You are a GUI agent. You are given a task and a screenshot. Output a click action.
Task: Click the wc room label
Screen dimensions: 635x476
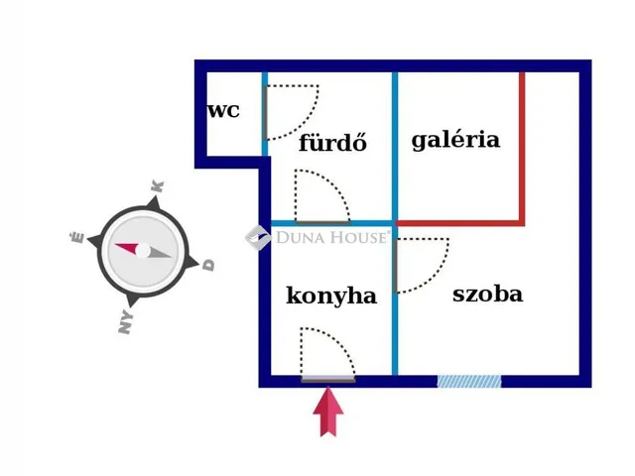click(223, 110)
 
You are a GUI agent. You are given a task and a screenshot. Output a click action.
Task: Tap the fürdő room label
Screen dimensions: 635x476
click(333, 142)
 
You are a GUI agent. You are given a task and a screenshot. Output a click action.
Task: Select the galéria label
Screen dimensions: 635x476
click(455, 140)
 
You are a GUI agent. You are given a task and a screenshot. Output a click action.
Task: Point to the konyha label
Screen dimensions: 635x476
click(331, 296)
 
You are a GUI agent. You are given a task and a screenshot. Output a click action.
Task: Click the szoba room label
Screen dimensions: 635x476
click(487, 294)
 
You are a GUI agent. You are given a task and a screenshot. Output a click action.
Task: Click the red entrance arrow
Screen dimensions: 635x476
click(328, 413)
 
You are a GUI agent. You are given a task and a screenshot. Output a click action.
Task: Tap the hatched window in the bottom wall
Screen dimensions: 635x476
click(469, 381)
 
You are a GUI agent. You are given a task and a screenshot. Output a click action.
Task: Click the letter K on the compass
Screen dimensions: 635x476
click(158, 186)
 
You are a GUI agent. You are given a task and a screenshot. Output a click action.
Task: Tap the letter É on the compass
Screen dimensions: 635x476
click(77, 237)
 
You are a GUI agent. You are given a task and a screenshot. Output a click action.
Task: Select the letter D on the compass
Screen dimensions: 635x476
click(208, 265)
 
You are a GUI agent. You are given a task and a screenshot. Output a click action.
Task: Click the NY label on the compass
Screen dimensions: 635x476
click(126, 321)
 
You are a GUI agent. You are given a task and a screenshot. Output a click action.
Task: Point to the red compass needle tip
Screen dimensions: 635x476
click(116, 245)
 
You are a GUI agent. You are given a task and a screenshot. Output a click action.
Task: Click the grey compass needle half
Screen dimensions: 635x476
click(159, 253)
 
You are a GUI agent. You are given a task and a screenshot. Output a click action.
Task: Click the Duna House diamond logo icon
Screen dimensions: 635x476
click(258, 238)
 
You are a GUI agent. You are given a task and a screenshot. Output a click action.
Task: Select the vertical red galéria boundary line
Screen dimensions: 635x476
click(522, 149)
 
